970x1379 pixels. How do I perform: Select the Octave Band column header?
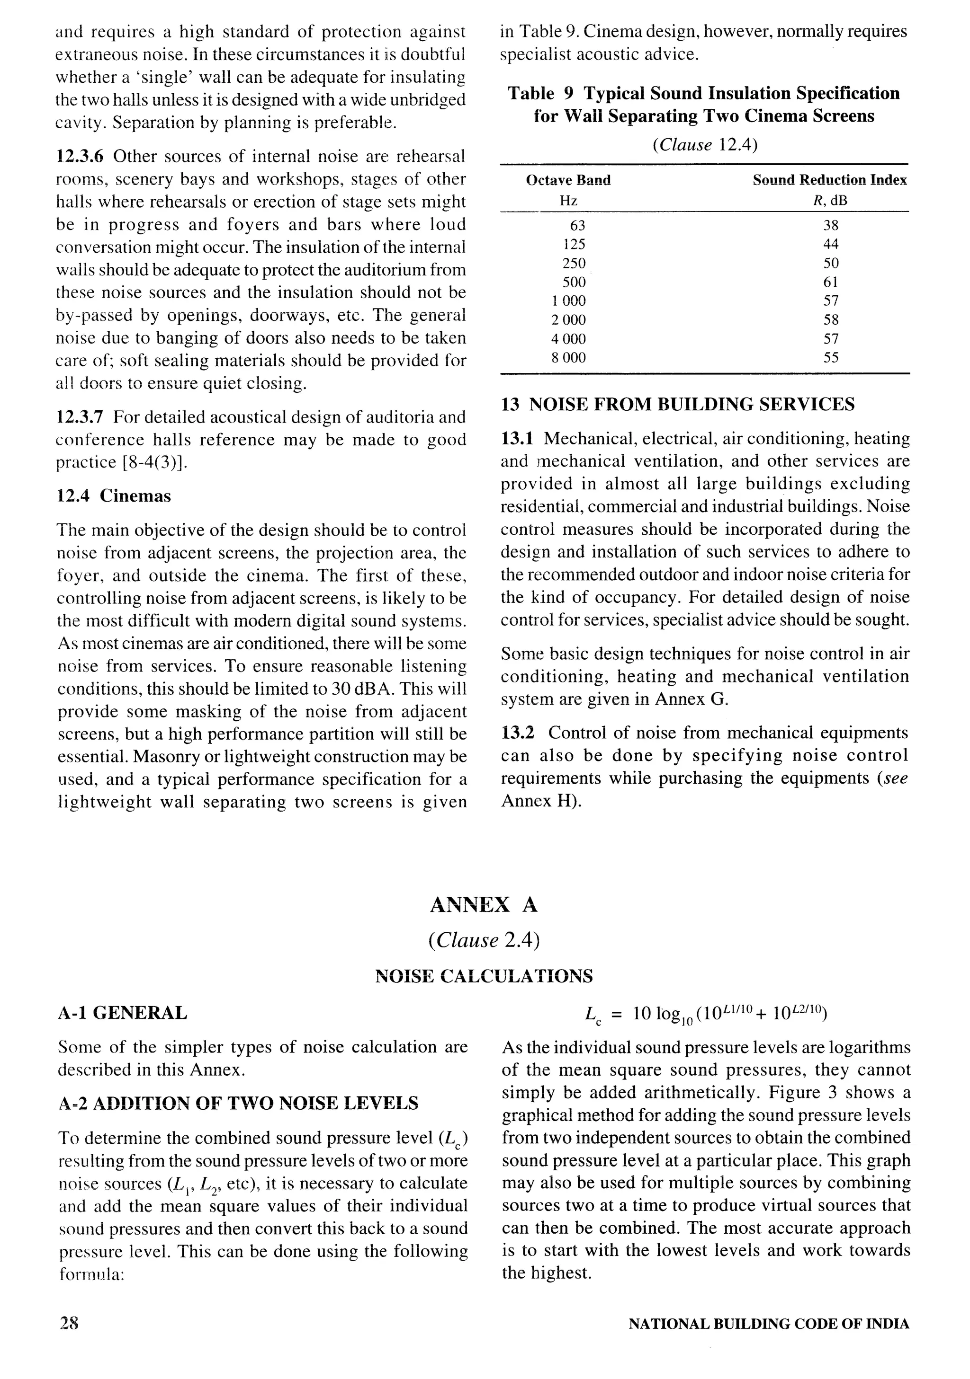coord(568,180)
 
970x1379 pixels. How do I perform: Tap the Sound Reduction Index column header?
coord(830,180)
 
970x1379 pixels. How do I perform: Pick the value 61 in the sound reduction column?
coord(831,282)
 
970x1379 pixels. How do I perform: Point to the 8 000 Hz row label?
coord(568,357)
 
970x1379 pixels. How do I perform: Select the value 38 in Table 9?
coord(831,225)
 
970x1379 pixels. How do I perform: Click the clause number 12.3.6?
coord(79,157)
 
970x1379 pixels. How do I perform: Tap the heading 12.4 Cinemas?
coord(114,496)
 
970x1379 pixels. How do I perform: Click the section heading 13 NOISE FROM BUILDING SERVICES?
coord(677,404)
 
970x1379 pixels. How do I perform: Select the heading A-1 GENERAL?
coord(122,1013)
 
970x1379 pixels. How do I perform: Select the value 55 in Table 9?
coord(831,357)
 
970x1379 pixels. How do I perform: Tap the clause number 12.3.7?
coord(79,417)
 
